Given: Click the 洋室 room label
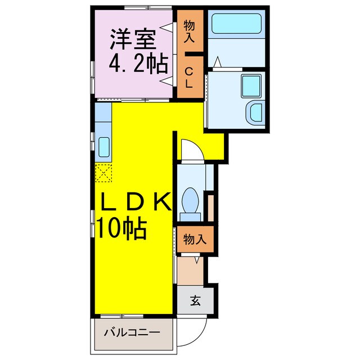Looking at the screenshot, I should pyautogui.click(x=133, y=41).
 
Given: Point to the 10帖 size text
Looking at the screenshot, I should pyautogui.click(x=121, y=228).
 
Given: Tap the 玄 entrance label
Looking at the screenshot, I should pyautogui.click(x=195, y=301).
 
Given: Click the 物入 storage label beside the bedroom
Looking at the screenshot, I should pyautogui.click(x=189, y=31).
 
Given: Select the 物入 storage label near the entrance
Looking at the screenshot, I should pyautogui.click(x=194, y=239).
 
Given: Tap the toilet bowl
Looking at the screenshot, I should pyautogui.click(x=190, y=200).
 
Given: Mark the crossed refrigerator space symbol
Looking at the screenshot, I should pyautogui.click(x=103, y=172).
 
